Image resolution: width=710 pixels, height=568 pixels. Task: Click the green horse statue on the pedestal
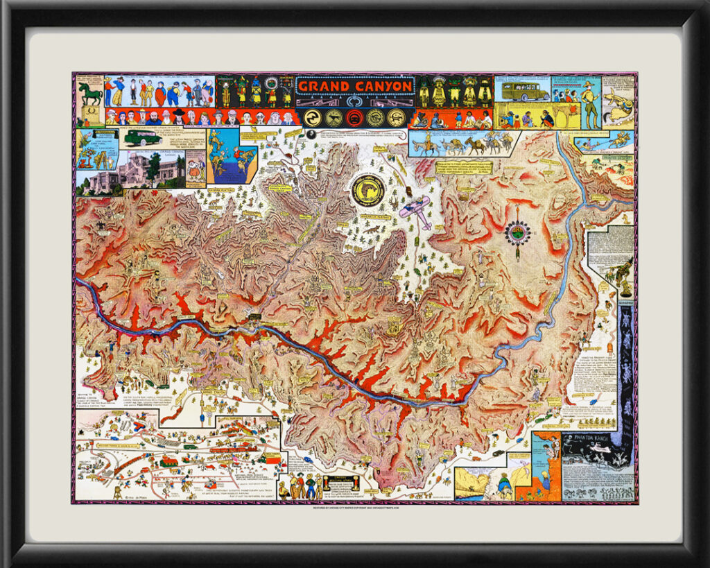[89, 93]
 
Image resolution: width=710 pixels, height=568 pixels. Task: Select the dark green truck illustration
[142, 137]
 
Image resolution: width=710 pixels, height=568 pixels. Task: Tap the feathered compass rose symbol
[517, 232]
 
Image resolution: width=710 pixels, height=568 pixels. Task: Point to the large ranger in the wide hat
[589, 104]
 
